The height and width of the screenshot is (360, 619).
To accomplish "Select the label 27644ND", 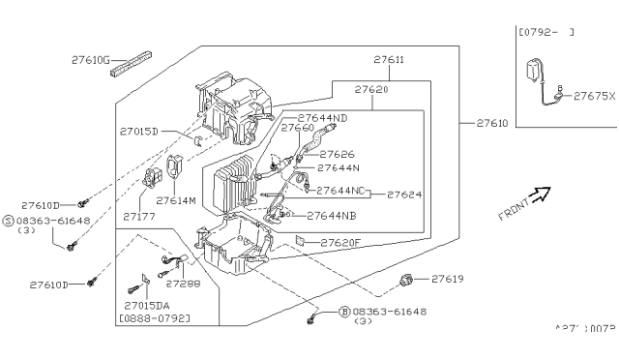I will click(x=322, y=119).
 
